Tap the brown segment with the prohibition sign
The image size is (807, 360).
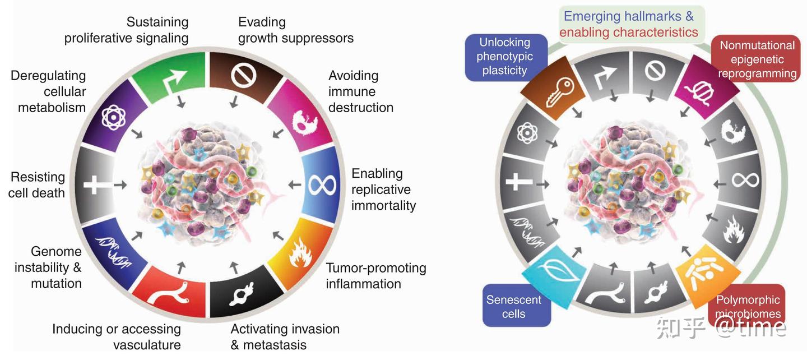coord(243,76)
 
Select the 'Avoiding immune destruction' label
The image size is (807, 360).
coord(360,91)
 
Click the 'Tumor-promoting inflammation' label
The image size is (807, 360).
coord(375,276)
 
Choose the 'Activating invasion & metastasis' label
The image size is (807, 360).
coord(285,336)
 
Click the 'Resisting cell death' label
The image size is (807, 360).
coord(37,185)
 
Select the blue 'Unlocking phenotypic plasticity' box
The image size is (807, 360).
coord(504,56)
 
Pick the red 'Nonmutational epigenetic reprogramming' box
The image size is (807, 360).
coord(757,59)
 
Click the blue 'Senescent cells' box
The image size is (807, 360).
coord(513,306)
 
